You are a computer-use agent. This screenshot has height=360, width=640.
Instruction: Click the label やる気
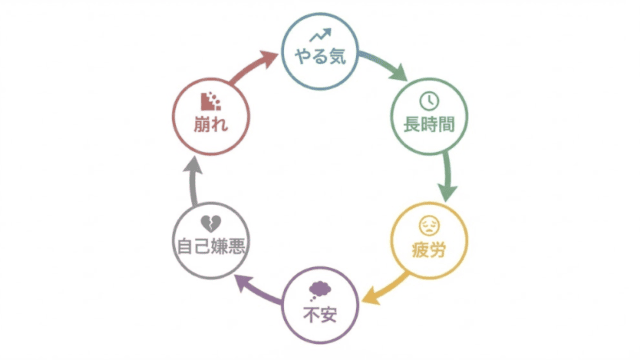click(319, 58)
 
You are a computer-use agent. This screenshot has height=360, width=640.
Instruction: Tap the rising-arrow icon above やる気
click(319, 36)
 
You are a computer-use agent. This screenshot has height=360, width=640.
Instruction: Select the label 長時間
click(428, 127)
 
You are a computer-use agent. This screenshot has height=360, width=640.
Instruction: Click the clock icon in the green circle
click(428, 102)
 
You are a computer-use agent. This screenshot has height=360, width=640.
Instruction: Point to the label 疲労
click(428, 249)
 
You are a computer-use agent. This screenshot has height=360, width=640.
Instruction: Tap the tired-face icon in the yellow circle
click(428, 224)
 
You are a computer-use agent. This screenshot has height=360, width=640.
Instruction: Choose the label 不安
click(319, 313)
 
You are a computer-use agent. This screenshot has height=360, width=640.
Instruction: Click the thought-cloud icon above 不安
click(319, 290)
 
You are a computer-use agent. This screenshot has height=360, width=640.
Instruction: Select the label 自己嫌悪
click(210, 246)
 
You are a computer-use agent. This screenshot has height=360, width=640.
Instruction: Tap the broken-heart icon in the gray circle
click(210, 222)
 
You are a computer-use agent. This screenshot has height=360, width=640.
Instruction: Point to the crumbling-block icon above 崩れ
click(210, 101)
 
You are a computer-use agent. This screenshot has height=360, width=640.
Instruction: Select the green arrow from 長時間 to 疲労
click(447, 181)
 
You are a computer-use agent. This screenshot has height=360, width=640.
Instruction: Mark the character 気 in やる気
click(339, 58)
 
